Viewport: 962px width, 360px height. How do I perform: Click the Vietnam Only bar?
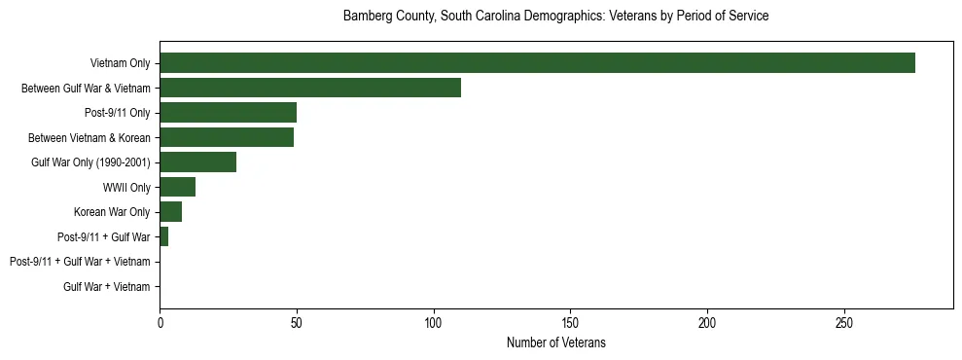coord(537,63)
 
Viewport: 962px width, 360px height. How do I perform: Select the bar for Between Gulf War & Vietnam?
coord(310,88)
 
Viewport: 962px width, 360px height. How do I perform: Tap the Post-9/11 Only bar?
coord(228,113)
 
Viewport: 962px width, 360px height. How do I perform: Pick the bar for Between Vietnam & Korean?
coord(227,137)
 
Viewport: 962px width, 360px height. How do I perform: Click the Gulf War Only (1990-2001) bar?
coord(197,162)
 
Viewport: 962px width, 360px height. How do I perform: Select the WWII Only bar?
coord(177,187)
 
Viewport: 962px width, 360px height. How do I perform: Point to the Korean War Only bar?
coord(170,212)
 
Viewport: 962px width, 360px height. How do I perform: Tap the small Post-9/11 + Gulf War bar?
coord(163,236)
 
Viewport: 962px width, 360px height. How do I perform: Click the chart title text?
coord(555,17)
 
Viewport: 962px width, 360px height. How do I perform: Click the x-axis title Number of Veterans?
coord(555,342)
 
